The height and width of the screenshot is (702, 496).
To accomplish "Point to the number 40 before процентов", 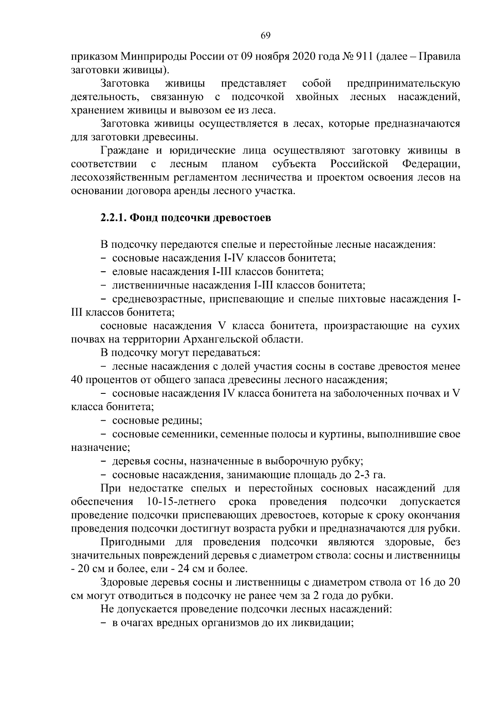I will tap(77, 380).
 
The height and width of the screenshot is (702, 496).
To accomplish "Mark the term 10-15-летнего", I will tap(181, 502).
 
